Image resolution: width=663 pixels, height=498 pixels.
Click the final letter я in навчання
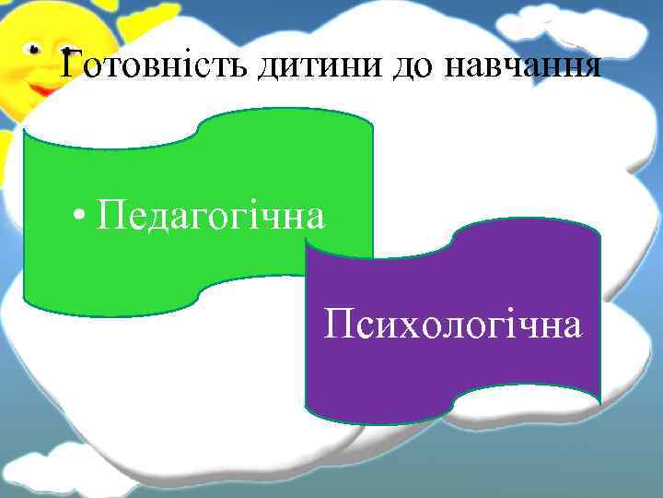point(592,68)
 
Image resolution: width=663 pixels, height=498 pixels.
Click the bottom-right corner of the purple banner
point(599,403)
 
